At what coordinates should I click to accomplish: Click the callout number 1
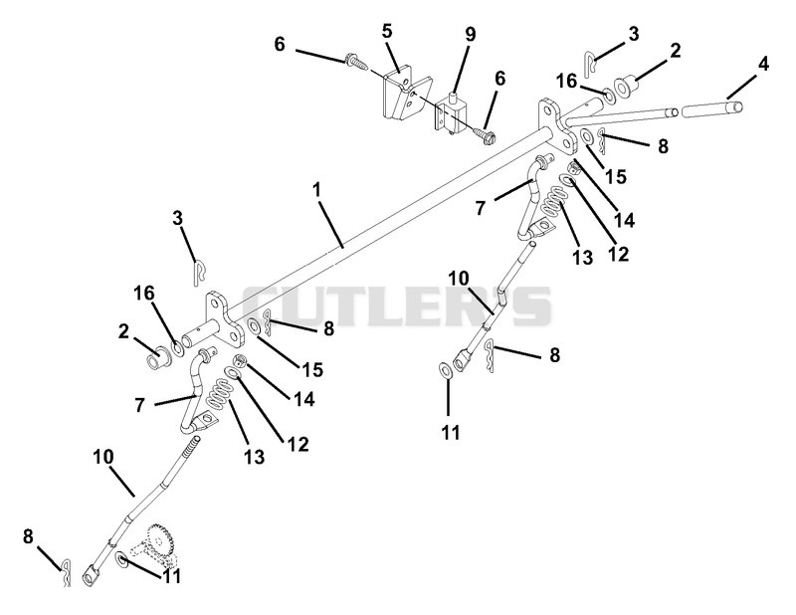316,190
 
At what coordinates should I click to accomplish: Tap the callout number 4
763,65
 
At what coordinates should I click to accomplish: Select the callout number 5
387,31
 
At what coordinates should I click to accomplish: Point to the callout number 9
470,35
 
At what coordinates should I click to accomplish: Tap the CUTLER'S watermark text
396,307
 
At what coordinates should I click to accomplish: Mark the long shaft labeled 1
386,223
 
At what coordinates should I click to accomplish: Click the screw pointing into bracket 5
357,61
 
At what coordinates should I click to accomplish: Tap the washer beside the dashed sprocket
121,559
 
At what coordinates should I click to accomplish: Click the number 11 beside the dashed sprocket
170,576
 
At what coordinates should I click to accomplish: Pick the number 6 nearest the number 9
499,80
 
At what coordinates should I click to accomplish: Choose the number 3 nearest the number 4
633,34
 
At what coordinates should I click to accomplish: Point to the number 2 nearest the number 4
676,51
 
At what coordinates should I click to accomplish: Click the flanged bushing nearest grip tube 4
623,87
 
